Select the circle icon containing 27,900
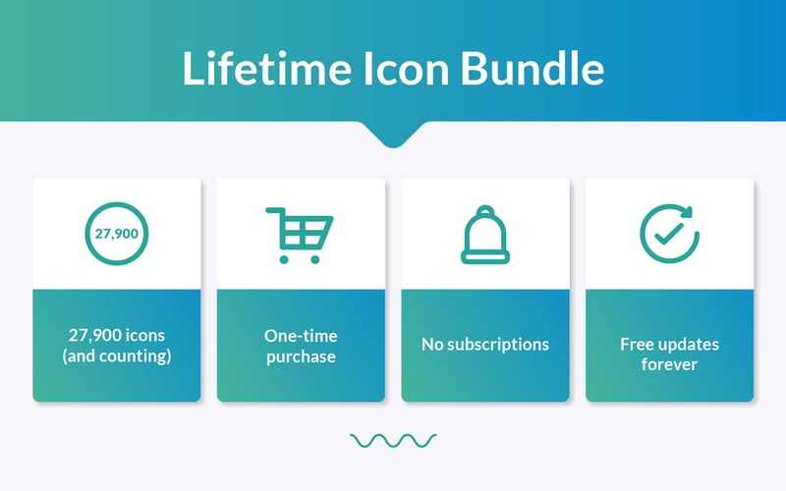(116, 235)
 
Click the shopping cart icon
(300, 234)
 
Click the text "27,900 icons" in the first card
(116, 334)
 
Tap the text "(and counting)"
(116, 355)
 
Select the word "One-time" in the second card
(301, 335)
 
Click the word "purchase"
(301, 356)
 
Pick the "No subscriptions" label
(485, 345)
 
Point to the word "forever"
(669, 364)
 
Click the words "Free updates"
(669, 345)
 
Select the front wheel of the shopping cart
(314, 259)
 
